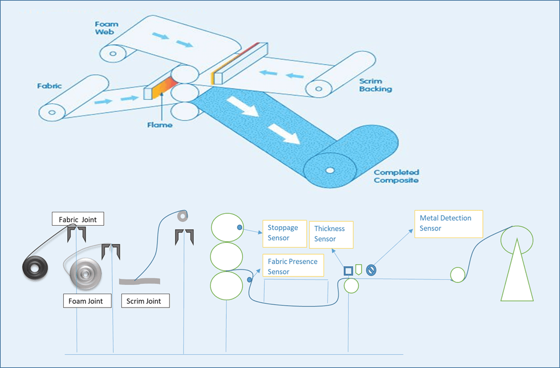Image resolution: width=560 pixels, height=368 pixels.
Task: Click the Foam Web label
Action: (106, 28)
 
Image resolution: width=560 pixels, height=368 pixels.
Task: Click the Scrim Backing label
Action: (375, 85)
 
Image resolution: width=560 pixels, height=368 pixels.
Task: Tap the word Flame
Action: (160, 125)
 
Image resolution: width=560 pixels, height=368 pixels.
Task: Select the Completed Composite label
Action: (396, 176)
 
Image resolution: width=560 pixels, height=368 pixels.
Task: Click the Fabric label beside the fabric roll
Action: (49, 86)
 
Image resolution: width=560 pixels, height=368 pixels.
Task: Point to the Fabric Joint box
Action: (78, 218)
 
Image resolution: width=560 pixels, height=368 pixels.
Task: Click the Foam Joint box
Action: (86, 301)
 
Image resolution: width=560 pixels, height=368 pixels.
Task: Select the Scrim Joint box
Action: (145, 301)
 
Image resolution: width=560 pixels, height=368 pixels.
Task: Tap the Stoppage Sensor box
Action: (284, 233)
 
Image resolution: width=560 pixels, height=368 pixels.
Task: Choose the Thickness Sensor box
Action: (331, 234)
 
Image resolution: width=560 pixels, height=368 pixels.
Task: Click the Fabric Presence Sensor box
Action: (294, 266)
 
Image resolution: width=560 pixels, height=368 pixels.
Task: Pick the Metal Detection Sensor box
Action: (448, 224)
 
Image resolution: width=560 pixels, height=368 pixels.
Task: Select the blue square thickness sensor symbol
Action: (348, 271)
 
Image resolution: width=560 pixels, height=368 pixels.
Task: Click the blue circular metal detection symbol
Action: (371, 271)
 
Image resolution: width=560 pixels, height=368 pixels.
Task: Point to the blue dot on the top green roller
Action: (240, 228)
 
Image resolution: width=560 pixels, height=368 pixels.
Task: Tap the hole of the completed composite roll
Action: (330, 171)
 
